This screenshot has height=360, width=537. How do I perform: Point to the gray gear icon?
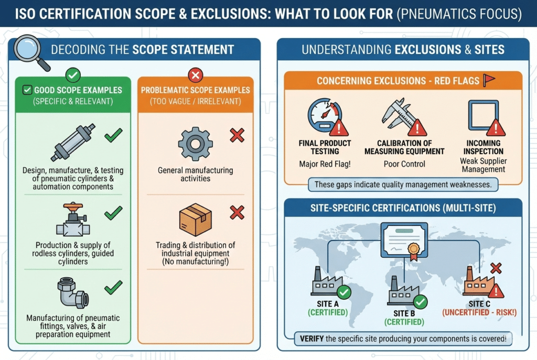point(195,143)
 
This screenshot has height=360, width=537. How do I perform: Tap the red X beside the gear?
point(237,136)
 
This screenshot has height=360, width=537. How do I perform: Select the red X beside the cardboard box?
point(237,213)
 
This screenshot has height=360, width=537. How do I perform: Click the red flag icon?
point(489,80)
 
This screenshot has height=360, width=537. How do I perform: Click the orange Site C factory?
point(477,285)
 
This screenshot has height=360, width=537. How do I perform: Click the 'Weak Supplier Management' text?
point(482,165)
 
